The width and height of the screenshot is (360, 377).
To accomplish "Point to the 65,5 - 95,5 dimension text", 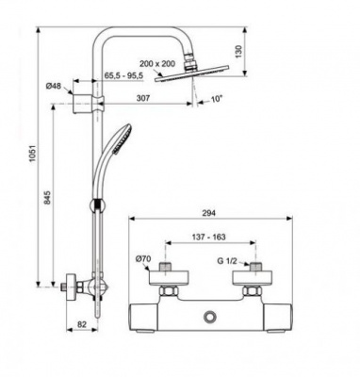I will (x=123, y=73).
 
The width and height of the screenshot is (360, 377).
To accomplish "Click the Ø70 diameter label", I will (x=143, y=258).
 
